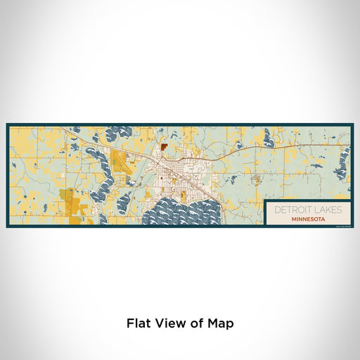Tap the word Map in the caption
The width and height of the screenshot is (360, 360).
(219, 324)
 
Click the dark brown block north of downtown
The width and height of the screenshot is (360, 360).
(164, 148)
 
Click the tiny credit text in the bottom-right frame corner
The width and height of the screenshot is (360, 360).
(341, 225)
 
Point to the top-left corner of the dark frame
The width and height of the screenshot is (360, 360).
(8, 125)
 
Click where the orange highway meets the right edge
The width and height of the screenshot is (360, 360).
(351, 145)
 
